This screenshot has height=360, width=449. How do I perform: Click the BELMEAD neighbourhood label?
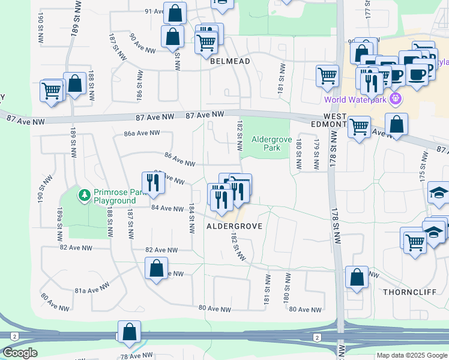[229, 61]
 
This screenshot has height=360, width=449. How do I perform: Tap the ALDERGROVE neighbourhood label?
[234, 226]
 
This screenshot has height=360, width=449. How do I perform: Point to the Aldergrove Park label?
[266, 143]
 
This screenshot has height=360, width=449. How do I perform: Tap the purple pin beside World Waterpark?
[395, 99]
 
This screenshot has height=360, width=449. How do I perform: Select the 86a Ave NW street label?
[142, 133]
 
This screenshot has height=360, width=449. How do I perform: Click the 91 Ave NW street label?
[154, 11]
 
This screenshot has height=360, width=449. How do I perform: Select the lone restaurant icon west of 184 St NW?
[153, 182]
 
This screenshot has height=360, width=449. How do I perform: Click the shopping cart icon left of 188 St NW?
[51, 92]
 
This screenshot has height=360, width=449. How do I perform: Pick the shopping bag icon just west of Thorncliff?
[357, 278]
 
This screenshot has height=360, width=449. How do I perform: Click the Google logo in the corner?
[20, 353]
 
